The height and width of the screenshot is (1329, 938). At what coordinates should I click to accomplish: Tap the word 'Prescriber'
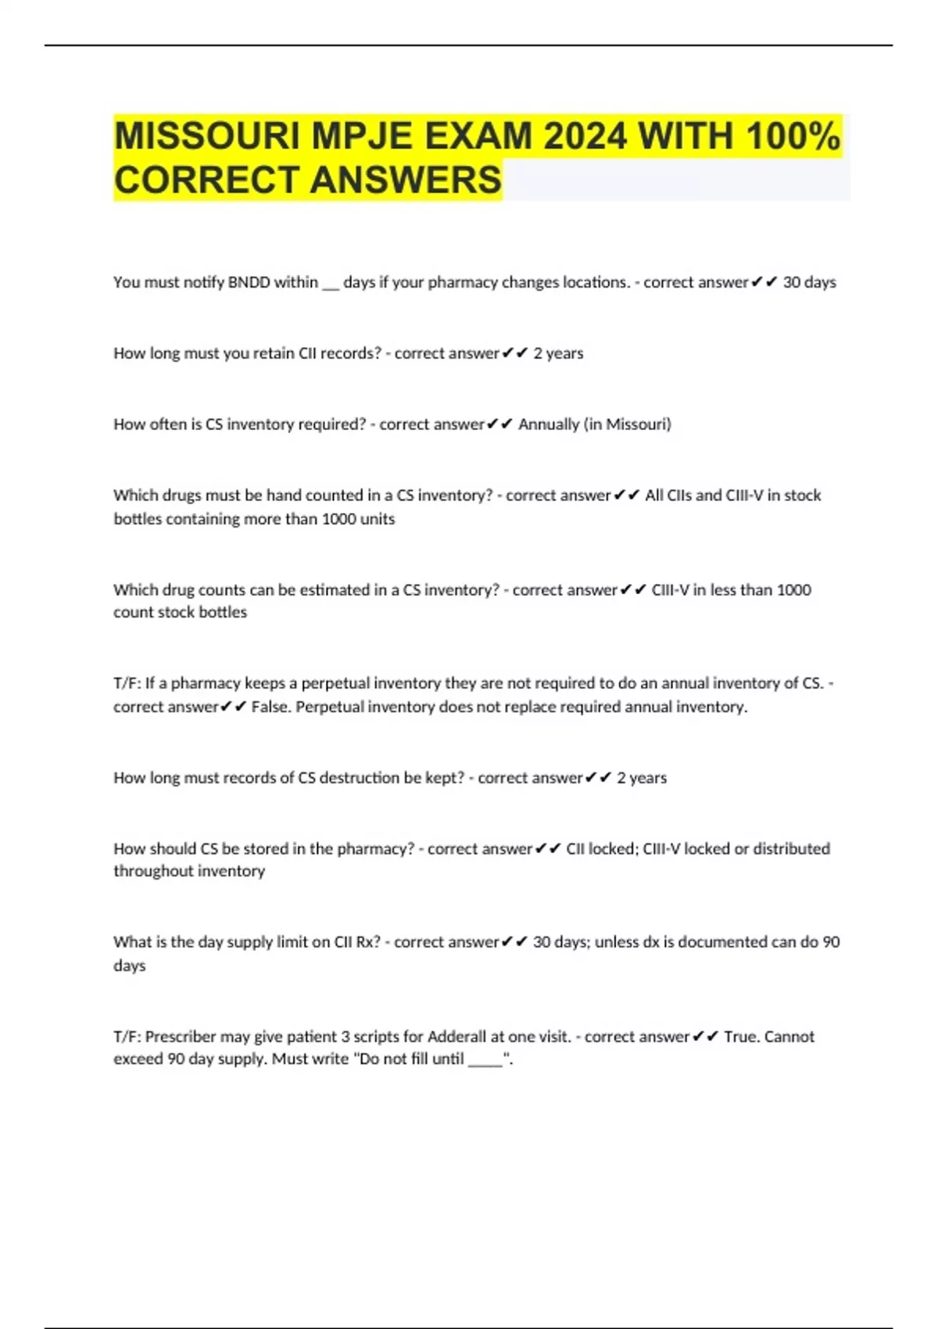coord(181,1037)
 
